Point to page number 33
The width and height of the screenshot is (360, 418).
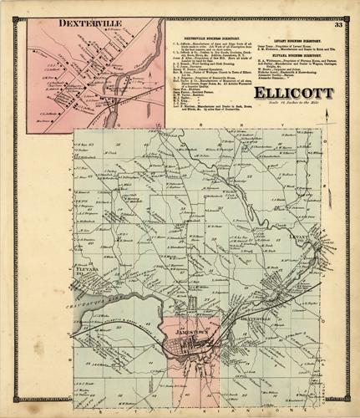(x=338, y=25)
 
